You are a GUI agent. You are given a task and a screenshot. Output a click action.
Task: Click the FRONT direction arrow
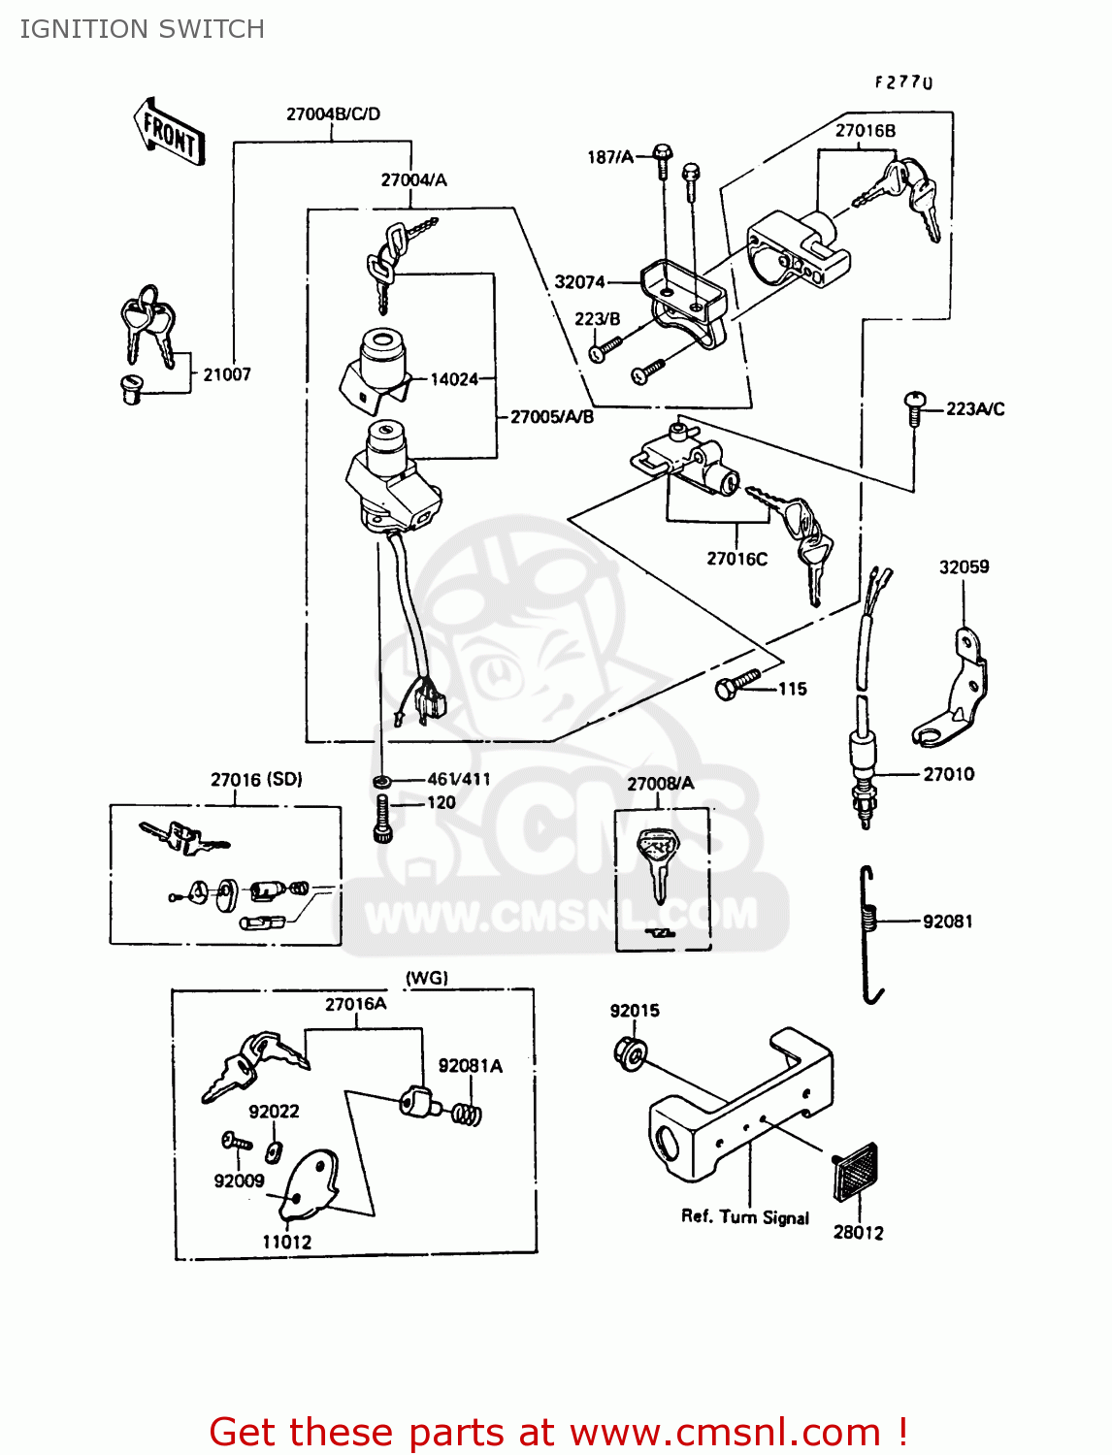click(170, 132)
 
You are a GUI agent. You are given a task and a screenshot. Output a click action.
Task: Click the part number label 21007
click(227, 374)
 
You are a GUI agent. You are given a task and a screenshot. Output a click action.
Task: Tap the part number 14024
click(454, 379)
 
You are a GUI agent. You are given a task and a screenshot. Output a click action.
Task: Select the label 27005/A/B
click(552, 417)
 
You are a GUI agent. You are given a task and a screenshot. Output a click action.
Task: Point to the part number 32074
click(579, 282)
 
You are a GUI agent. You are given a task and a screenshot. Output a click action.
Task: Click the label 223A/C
click(975, 409)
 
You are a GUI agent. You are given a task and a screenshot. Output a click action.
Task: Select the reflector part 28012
click(856, 1175)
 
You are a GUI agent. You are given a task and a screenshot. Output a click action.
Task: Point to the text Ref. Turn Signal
click(744, 1217)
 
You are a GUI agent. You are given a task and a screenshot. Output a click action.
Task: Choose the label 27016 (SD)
click(256, 780)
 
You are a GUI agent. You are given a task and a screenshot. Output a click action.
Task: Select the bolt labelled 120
click(382, 819)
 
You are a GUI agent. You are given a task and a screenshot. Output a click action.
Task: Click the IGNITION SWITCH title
click(143, 29)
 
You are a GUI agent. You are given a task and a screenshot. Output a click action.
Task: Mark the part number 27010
click(948, 774)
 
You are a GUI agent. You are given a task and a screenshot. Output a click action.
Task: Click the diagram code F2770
click(903, 82)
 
